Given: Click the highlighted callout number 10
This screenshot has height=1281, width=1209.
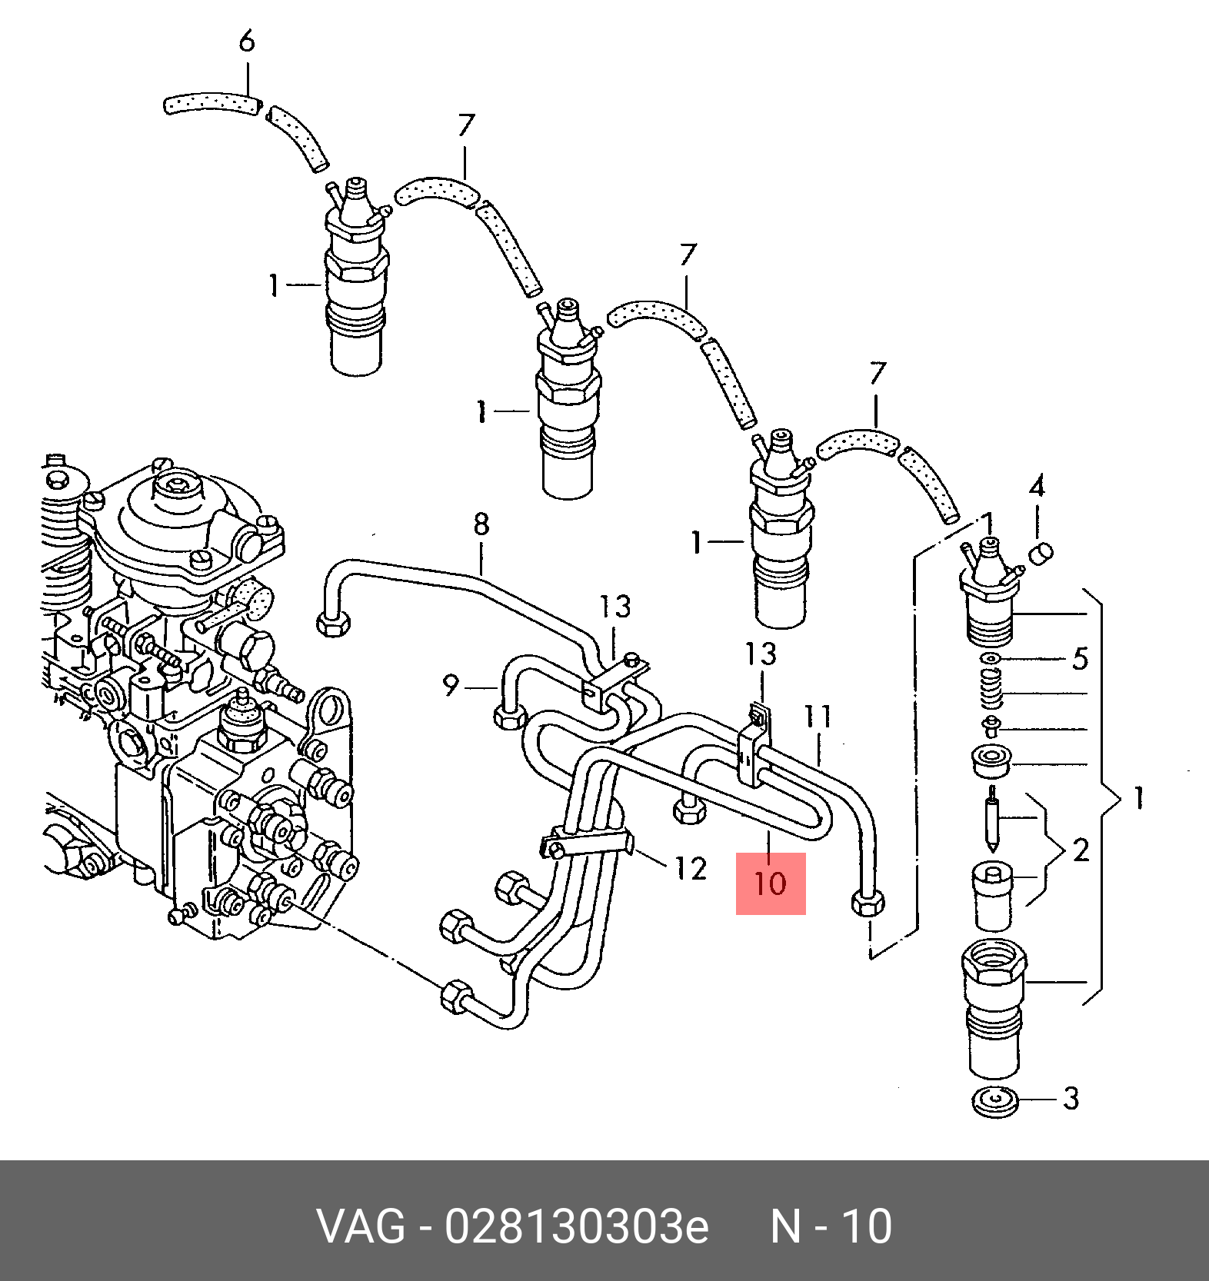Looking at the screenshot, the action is tap(770, 883).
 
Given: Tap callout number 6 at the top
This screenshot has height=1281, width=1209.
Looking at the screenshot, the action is tap(247, 41).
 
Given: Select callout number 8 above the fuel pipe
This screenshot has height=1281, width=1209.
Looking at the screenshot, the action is tap(481, 524).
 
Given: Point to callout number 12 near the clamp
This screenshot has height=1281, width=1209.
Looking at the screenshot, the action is tap(691, 869).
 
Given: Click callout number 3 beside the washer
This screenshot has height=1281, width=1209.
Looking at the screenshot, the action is tap(1071, 1098).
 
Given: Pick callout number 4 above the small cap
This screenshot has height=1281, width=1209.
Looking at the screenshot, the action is tap(1037, 487).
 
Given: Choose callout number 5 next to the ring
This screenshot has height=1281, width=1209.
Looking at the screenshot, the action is tap(1081, 659).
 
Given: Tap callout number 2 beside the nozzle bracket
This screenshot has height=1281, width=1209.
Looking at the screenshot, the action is tap(1081, 850).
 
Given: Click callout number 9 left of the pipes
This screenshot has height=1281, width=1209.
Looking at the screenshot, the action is tap(451, 684).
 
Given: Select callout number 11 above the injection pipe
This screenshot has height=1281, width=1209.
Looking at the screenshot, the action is tap(818, 717).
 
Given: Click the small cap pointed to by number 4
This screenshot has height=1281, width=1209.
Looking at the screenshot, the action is tap(1041, 552).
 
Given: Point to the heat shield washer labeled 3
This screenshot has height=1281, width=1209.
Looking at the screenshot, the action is tap(995, 1103).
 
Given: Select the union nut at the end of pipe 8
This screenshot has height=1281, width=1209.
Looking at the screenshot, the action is tap(334, 621).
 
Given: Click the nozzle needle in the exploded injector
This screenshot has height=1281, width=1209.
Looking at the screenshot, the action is tap(993, 819).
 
